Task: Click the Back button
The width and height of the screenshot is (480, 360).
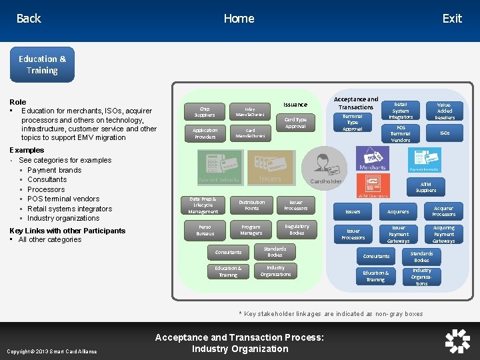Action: (x=29, y=19)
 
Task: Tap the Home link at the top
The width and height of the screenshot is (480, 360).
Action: (x=239, y=19)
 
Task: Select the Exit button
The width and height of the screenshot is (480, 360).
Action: (x=452, y=19)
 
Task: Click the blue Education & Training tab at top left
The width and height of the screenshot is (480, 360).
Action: (x=43, y=65)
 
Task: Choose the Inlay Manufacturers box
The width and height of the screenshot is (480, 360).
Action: (x=250, y=111)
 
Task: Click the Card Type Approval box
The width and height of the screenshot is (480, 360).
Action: (x=295, y=123)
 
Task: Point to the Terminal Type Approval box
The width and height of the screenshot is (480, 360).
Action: (x=353, y=123)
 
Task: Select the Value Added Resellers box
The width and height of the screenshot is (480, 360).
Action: (x=445, y=111)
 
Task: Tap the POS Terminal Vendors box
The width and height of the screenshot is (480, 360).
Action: (x=401, y=133)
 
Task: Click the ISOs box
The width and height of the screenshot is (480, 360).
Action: (x=445, y=133)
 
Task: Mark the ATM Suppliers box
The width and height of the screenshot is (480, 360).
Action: (x=426, y=187)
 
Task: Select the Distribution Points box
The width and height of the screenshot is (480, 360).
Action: (x=251, y=205)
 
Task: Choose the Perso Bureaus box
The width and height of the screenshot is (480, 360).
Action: (x=205, y=230)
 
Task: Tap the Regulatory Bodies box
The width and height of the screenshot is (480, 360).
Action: (x=297, y=230)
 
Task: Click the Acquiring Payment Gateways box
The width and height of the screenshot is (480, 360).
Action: (x=443, y=234)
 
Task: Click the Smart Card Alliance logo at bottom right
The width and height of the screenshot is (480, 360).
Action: (x=457, y=341)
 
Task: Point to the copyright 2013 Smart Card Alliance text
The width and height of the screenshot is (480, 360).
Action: (x=51, y=351)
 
